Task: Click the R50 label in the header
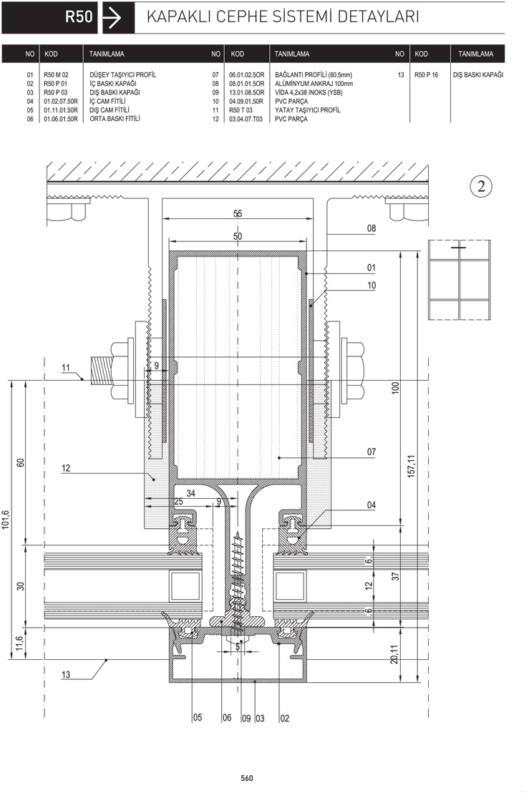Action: click(x=79, y=16)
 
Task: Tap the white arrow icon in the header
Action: click(x=112, y=18)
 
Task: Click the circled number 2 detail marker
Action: click(x=481, y=186)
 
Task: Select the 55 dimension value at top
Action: click(x=238, y=213)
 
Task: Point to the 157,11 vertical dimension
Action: click(x=411, y=466)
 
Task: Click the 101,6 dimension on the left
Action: click(x=6, y=520)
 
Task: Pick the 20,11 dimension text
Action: click(x=394, y=654)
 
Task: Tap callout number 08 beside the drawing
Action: click(x=372, y=228)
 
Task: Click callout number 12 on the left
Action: click(x=66, y=468)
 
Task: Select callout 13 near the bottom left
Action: click(x=66, y=675)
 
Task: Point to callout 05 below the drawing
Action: click(x=198, y=718)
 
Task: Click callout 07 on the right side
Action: click(x=372, y=452)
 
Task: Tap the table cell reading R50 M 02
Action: click(x=56, y=75)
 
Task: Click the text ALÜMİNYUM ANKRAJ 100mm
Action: click(x=314, y=84)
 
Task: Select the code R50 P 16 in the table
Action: click(x=427, y=75)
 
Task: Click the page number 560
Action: click(x=247, y=779)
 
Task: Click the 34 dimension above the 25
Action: click(x=190, y=493)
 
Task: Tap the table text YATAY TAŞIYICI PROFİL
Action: click(x=308, y=110)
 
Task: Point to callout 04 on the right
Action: click(x=372, y=505)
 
